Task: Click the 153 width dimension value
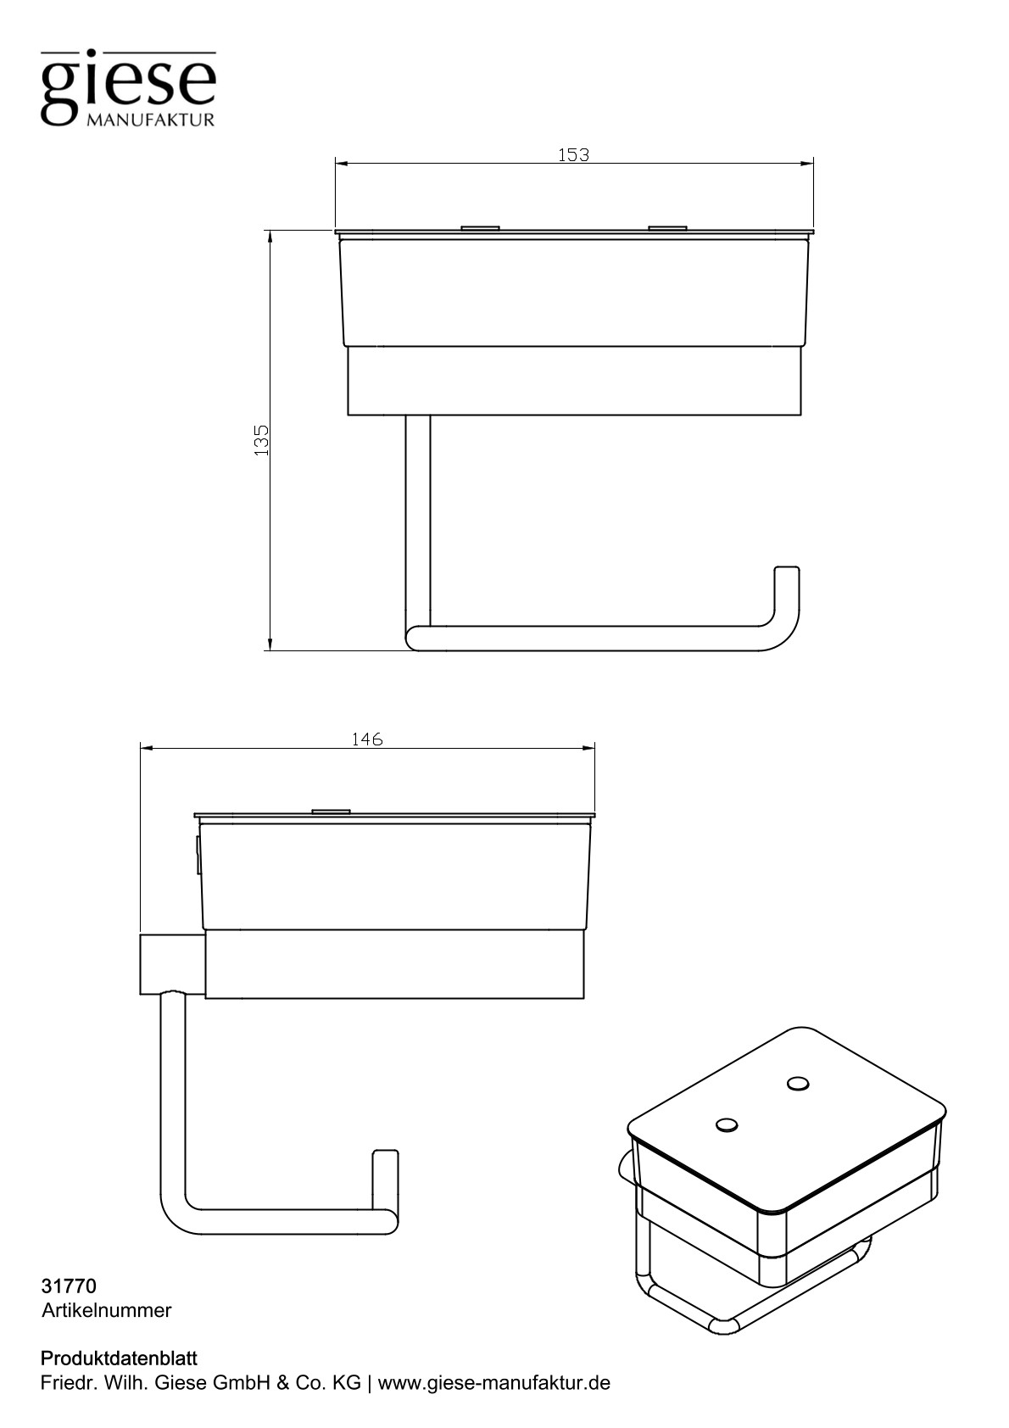[x=574, y=155]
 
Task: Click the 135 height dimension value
[x=262, y=440]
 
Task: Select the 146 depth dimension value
[x=367, y=739]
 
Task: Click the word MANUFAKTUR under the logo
[x=150, y=120]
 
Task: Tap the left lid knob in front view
[x=482, y=227]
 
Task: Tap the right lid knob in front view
[x=667, y=227]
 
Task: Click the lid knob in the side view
[x=331, y=812]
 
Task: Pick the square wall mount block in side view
[x=172, y=966]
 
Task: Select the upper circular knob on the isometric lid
[x=798, y=1083]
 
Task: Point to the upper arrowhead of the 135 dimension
[x=270, y=237]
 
